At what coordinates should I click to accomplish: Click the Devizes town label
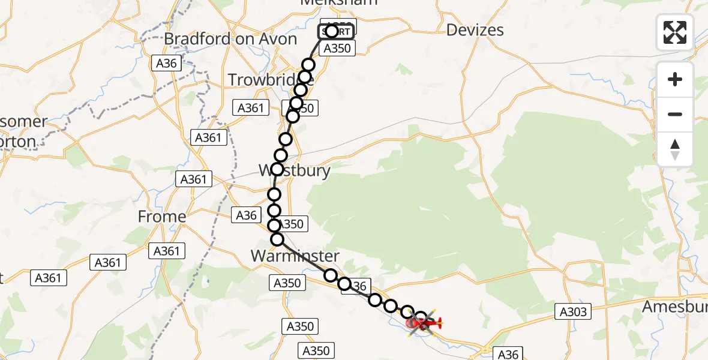[x=475, y=30]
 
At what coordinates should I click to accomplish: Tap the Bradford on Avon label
[x=230, y=39]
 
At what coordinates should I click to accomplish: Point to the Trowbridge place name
[x=264, y=79]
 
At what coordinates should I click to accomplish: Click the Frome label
[x=162, y=217]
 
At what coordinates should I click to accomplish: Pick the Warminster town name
[x=295, y=256]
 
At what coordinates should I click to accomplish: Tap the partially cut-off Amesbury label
[x=674, y=307]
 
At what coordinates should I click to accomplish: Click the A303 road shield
[x=574, y=311]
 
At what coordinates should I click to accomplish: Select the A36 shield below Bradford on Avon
[x=167, y=63]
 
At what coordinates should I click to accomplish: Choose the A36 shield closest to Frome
[x=247, y=215]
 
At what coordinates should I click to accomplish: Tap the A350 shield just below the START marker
[x=337, y=49]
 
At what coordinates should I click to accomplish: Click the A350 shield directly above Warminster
[x=292, y=224]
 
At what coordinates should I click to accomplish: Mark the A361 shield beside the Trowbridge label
[x=250, y=108]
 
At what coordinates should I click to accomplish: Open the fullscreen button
[x=675, y=32]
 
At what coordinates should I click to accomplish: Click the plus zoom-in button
[x=675, y=79]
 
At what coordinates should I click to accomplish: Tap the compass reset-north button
[x=675, y=149]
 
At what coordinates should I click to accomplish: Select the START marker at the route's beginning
[x=336, y=31]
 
